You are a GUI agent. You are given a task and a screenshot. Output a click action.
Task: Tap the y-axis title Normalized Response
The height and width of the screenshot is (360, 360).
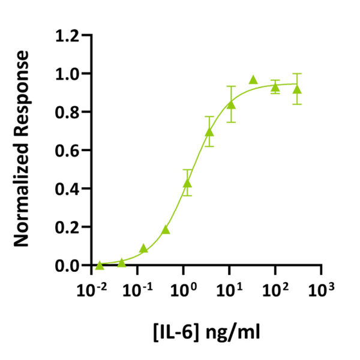click(x=22, y=149)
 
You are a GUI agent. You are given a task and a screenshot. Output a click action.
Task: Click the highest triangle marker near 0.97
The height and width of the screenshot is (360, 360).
click(x=253, y=80)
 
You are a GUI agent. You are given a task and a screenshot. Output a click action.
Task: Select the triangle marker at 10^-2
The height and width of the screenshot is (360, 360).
click(x=100, y=265)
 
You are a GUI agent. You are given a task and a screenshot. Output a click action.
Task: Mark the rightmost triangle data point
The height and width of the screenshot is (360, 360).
click(x=296, y=89)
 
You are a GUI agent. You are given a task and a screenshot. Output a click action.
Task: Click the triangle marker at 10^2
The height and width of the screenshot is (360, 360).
click(x=275, y=88)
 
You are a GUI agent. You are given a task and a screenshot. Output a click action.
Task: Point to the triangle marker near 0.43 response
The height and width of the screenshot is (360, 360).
click(x=187, y=183)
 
